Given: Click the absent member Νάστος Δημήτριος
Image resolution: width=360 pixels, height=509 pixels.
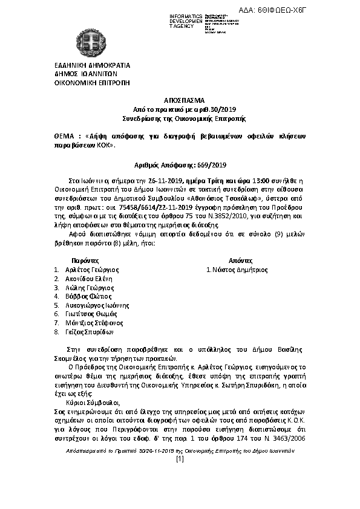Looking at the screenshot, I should (x=238, y=270).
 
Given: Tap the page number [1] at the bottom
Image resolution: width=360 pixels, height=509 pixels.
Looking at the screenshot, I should (x=180, y=459).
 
